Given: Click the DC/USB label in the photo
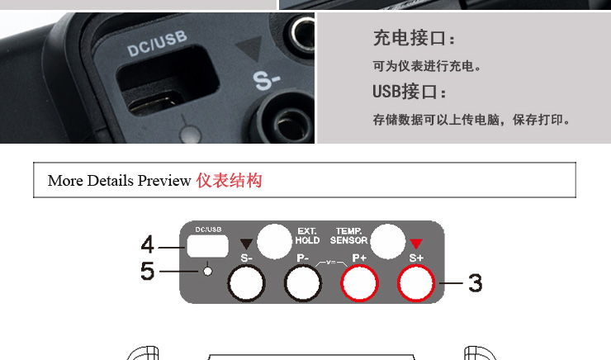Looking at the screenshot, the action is (x=157, y=44).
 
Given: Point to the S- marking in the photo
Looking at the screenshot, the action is (x=266, y=80).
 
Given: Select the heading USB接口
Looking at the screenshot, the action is (x=409, y=92).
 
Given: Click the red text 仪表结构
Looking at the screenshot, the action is (x=229, y=180).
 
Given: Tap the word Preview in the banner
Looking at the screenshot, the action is (x=164, y=181).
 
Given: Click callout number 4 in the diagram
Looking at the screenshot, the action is (x=147, y=244).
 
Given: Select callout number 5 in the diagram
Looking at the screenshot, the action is (x=147, y=271).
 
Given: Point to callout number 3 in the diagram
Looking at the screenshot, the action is (x=476, y=283).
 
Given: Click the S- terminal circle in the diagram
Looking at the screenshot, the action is (x=246, y=283).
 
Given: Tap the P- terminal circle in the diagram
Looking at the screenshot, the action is (x=303, y=283).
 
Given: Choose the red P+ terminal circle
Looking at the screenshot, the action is (x=359, y=283).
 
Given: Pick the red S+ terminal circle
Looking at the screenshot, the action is (x=416, y=283).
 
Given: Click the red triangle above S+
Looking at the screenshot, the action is (x=416, y=243).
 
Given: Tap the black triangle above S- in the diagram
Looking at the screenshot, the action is (x=246, y=243).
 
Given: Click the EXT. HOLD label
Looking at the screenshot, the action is (x=307, y=236).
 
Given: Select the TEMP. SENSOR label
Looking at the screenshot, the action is (x=348, y=236).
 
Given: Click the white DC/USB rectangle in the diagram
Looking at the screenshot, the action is (x=207, y=246).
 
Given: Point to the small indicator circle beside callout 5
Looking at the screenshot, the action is (x=208, y=271).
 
